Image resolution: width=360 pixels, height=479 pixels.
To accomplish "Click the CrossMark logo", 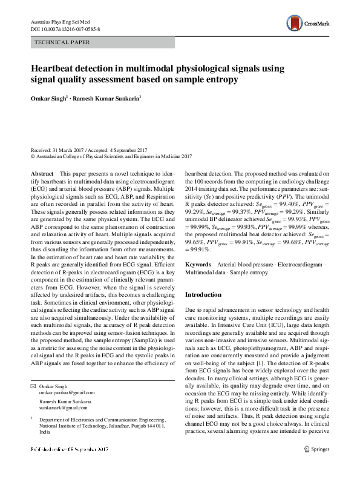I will [x=309, y=24].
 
